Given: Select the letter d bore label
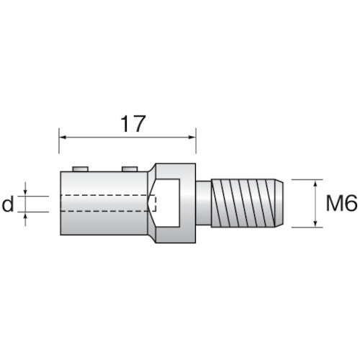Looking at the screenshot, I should [8, 205].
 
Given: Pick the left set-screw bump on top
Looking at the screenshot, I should [81, 168].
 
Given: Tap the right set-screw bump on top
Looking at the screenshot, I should [130, 168].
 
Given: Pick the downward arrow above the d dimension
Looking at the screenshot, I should [26, 192].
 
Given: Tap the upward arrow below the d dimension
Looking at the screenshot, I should [26, 217].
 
